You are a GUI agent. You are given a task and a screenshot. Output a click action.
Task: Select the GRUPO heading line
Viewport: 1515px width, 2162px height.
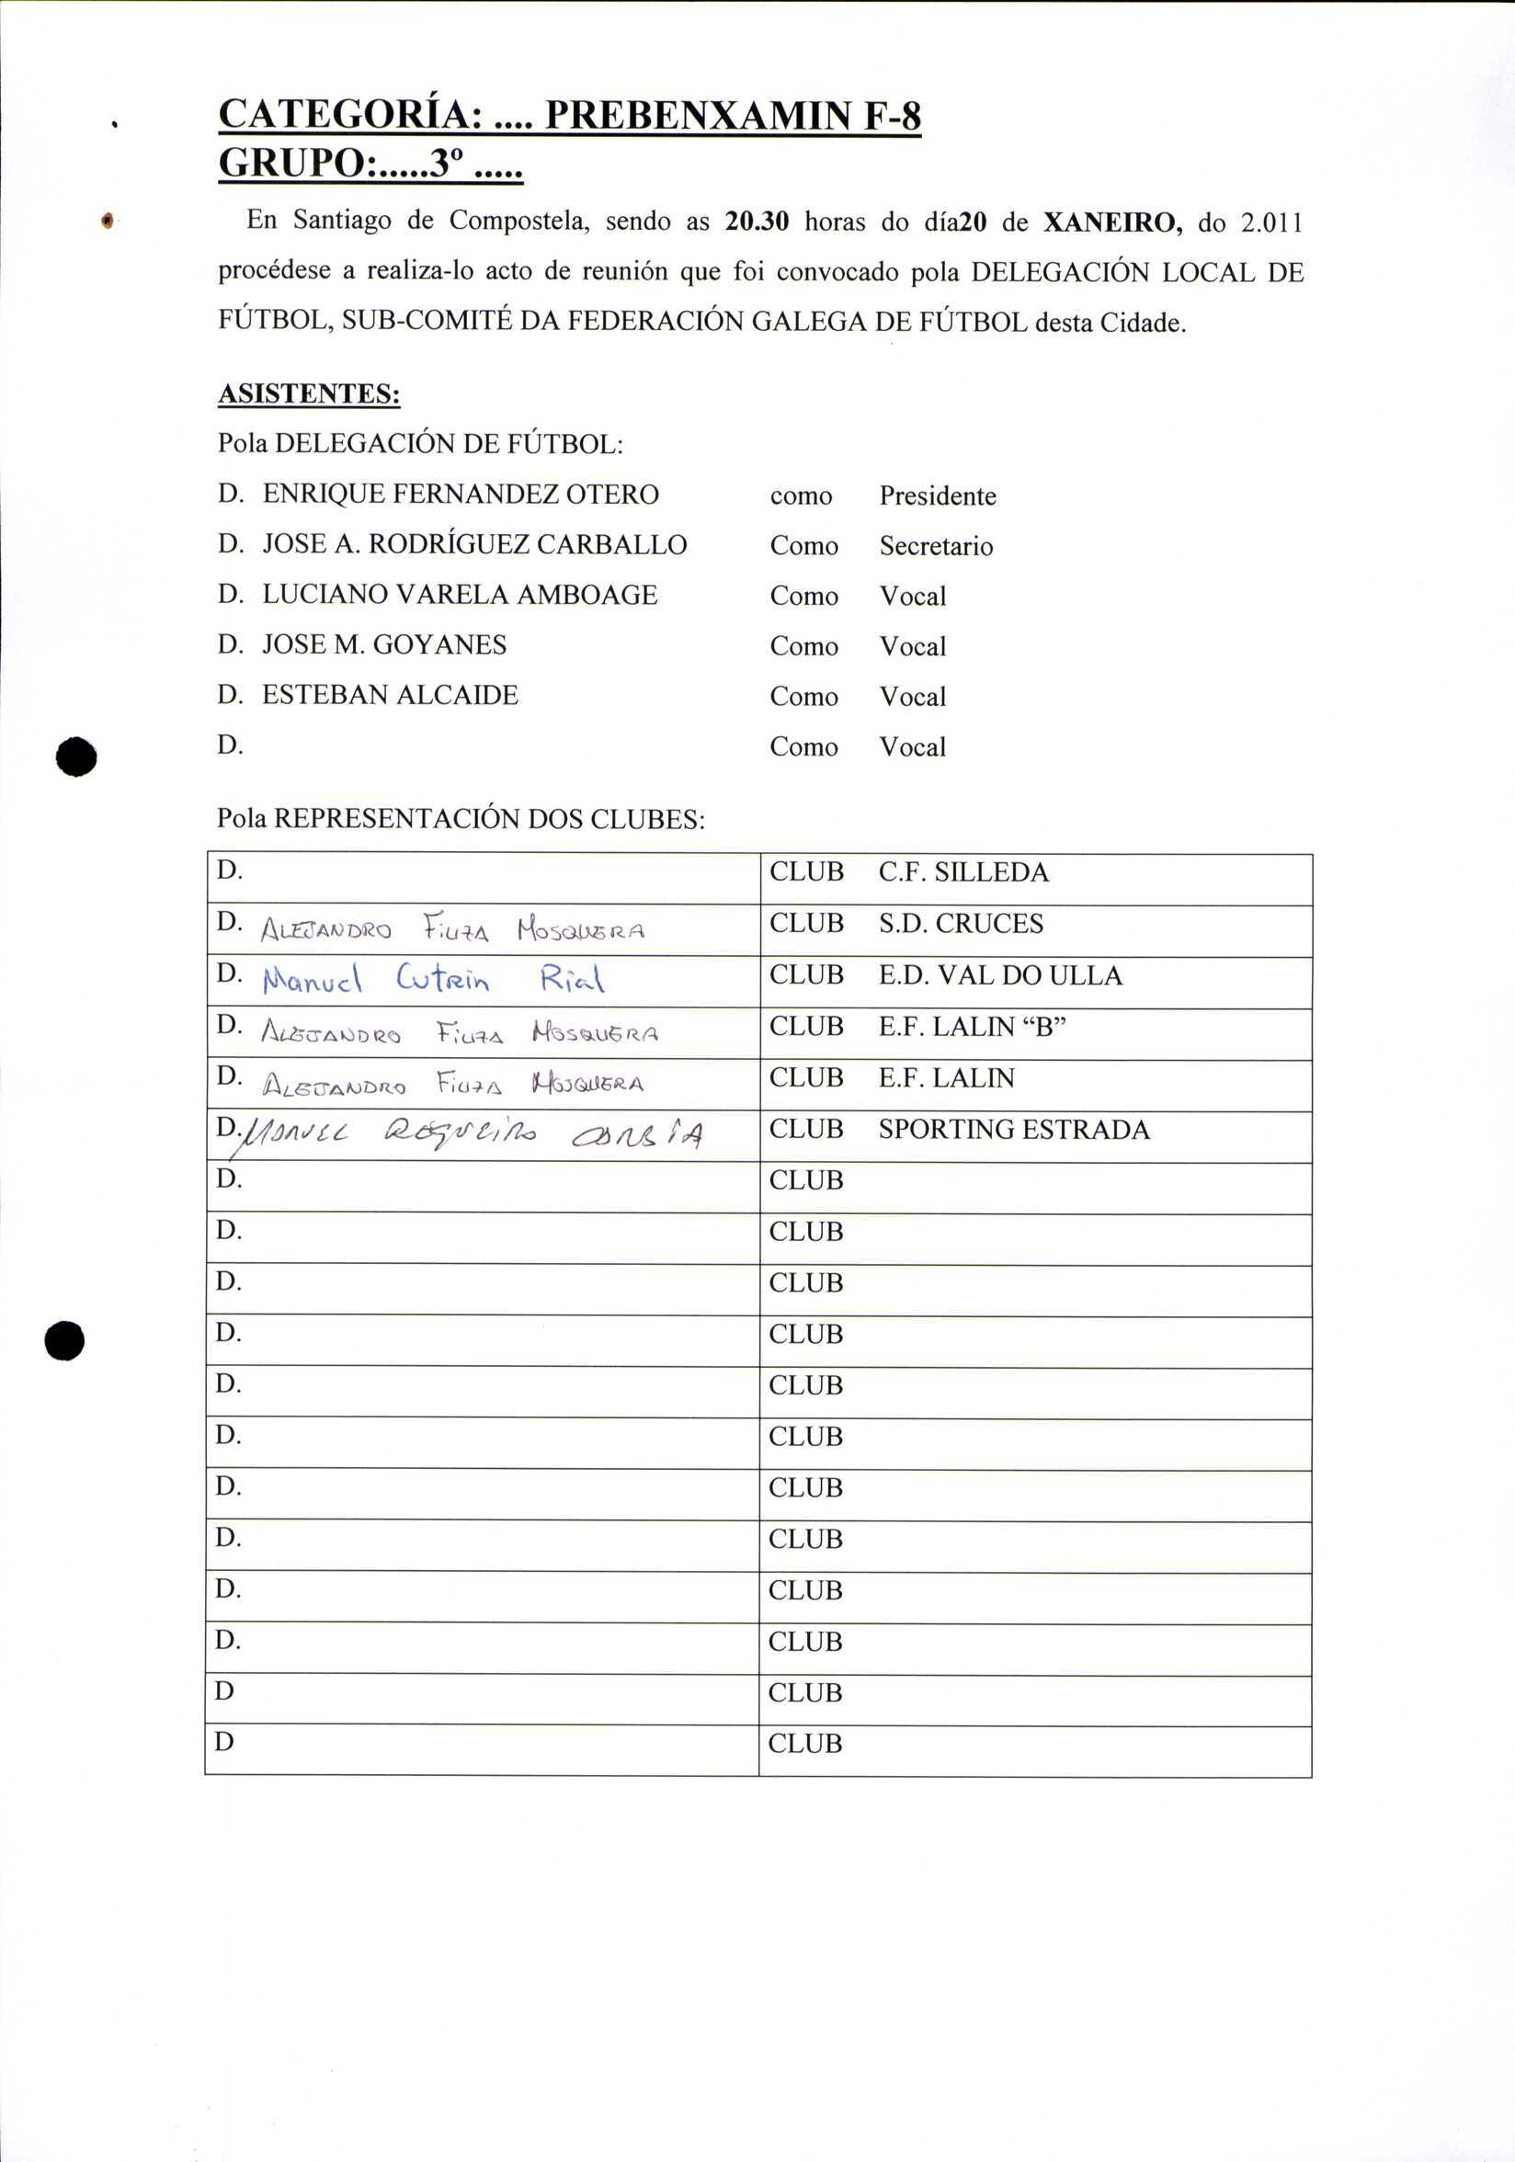(370, 164)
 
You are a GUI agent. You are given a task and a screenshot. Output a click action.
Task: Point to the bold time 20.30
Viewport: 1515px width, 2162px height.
(757, 222)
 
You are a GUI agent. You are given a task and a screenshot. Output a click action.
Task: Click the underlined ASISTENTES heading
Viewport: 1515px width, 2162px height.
(309, 393)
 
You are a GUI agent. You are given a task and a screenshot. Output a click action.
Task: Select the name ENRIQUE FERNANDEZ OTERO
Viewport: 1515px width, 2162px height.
(460, 495)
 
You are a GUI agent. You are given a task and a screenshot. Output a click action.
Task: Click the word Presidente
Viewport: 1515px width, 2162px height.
(937, 496)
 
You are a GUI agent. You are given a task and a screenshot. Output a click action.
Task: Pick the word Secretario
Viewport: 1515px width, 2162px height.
(936, 546)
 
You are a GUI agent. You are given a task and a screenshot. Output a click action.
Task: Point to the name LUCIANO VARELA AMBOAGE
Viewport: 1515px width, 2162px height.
(460, 595)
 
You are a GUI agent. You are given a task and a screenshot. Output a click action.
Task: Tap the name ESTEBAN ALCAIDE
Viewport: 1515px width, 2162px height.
(390, 695)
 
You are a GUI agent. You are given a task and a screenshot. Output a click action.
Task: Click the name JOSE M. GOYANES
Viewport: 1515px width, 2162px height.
(384, 645)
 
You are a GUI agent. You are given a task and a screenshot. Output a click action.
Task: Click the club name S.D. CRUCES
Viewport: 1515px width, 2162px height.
(961, 924)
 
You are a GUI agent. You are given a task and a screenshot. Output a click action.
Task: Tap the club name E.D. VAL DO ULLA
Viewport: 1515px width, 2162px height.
(1000, 975)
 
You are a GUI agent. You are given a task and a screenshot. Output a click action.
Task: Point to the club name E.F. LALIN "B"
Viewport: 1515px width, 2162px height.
(972, 1027)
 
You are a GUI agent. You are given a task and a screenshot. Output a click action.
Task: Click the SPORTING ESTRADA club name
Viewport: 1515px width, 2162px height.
(1013, 1130)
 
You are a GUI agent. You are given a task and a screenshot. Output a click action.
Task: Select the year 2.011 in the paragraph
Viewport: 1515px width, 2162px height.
(1272, 223)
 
